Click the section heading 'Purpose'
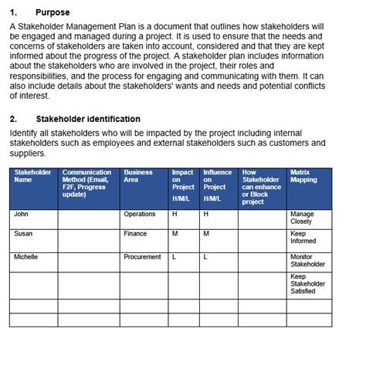[53, 12]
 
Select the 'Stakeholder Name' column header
[33, 176]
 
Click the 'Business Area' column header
[138, 176]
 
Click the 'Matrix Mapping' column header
[303, 176]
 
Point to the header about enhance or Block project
[260, 187]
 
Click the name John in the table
[21, 214]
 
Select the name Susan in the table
[23, 233]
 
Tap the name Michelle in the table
[25, 257]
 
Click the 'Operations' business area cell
[139, 214]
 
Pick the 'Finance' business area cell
[135, 233]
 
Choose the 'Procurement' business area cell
[142, 257]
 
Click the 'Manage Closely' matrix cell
[301, 218]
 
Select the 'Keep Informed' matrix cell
[303, 237]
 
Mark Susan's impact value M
[175, 233]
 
